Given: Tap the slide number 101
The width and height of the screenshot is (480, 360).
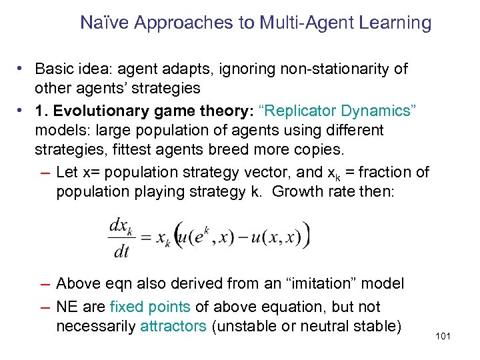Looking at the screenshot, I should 443,335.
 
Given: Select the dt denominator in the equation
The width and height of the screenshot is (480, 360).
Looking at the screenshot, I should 121,251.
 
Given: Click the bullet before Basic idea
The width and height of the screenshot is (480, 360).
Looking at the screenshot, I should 22,69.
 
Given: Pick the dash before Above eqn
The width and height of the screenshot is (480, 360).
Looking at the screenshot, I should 45,284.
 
